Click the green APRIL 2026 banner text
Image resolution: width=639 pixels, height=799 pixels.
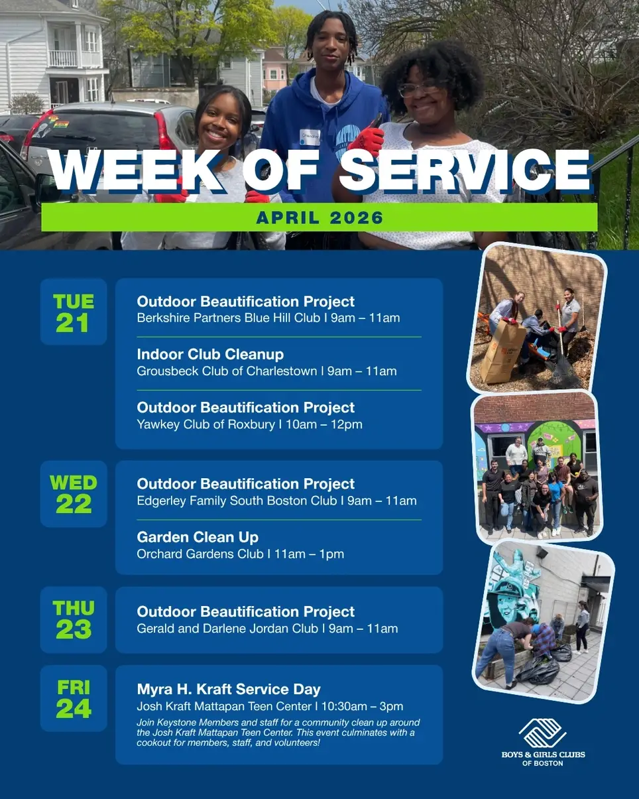click(319, 217)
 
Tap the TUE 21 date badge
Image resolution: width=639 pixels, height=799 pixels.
click(74, 312)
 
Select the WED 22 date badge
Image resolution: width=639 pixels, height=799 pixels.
click(74, 494)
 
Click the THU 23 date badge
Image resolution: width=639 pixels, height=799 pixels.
click(74, 619)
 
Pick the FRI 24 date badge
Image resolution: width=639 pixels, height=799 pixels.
click(74, 698)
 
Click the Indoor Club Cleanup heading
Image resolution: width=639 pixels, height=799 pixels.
click(210, 355)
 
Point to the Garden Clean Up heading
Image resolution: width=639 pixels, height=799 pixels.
click(198, 536)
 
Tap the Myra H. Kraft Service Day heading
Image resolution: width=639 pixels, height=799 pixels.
click(229, 689)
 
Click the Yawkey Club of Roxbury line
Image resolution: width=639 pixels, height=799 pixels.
click(249, 424)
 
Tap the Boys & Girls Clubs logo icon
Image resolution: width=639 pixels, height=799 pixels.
click(542, 733)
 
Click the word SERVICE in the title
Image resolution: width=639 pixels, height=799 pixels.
click(464, 171)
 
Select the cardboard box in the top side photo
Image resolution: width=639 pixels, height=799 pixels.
click(503, 351)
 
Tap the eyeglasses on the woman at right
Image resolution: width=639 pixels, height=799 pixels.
click(419, 88)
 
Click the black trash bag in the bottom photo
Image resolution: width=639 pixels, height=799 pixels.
click(538, 670)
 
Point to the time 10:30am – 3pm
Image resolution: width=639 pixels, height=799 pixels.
click(362, 706)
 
